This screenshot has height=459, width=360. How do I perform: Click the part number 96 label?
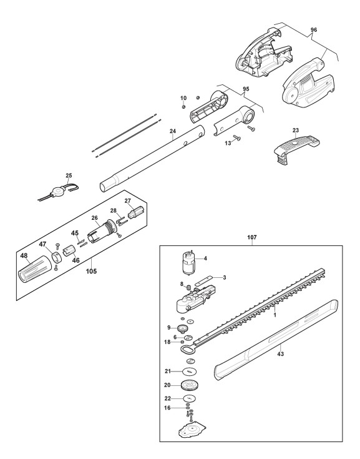314,30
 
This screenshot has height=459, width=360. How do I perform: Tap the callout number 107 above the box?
252,237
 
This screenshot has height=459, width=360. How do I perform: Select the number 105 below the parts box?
91,271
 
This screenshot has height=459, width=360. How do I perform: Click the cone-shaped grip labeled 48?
34,269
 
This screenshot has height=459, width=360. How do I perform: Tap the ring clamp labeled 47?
57,257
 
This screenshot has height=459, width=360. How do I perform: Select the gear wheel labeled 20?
189,385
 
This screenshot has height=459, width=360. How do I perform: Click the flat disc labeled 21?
189,372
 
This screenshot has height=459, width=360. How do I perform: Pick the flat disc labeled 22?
190,398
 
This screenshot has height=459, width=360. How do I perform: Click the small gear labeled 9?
183,328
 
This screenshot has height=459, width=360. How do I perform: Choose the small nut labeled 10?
183,107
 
